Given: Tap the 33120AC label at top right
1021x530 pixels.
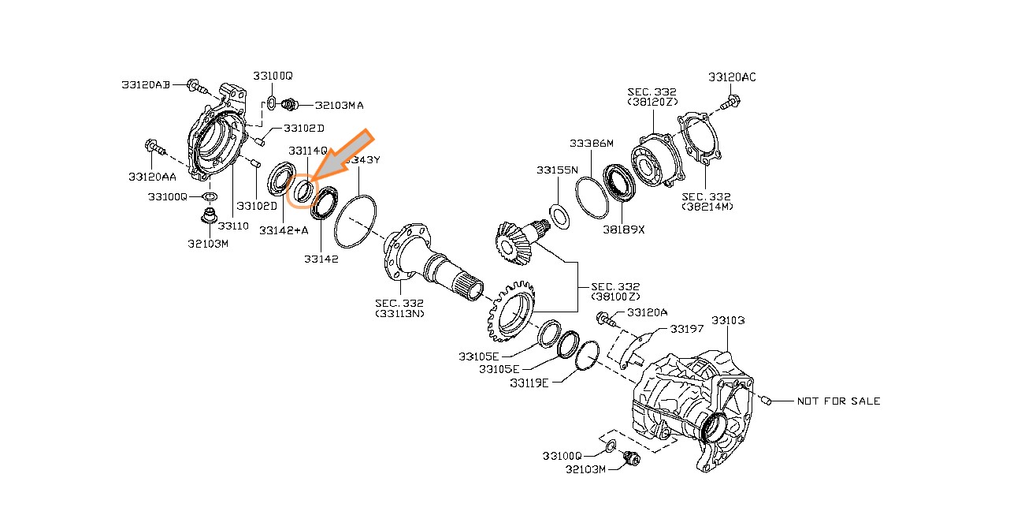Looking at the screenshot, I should tap(732, 77).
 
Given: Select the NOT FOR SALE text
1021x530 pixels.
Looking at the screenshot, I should tap(838, 401).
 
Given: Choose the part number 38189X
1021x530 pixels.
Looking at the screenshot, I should tap(623, 230).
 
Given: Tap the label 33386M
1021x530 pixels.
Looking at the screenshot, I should tap(592, 144).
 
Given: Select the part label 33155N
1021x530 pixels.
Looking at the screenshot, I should tap(557, 170).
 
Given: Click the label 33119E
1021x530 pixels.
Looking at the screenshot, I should tap(529, 383).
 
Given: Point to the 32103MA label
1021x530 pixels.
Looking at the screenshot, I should tap(339, 104).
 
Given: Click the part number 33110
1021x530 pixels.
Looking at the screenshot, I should tap(233, 226).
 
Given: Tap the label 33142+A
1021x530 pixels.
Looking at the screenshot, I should tap(283, 230).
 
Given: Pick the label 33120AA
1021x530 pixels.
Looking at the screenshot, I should tap(152, 177).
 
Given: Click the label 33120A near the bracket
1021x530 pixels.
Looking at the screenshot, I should tap(647, 312).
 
